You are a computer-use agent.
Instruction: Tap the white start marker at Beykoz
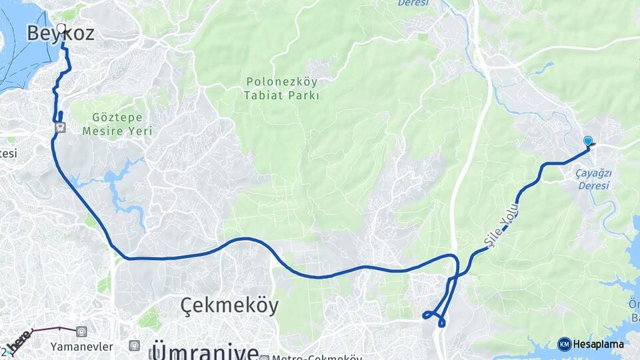click(61, 29)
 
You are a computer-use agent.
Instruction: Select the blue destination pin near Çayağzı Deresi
click(587, 141)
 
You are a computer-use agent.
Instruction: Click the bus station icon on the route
click(60, 126)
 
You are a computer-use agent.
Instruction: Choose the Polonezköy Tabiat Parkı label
click(282, 89)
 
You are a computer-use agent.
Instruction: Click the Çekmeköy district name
click(229, 305)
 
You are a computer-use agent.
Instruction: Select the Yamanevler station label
click(81, 346)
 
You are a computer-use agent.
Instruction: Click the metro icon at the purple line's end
click(81, 331)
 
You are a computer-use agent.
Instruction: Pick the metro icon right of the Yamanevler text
click(135, 345)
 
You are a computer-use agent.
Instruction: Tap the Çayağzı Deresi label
click(593, 179)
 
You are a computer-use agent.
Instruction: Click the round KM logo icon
click(564, 344)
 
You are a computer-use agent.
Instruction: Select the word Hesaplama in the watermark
click(599, 345)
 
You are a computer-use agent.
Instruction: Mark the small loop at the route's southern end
click(434, 316)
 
